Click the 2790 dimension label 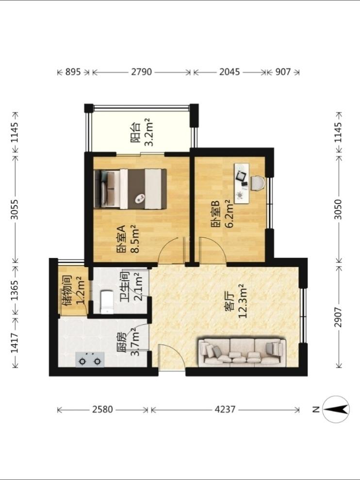pyautogui.click(x=141, y=72)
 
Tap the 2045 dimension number pyautogui.click(x=229, y=72)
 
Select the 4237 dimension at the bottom pyautogui.click(x=225, y=409)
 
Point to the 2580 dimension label pyautogui.click(x=103, y=409)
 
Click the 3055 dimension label pyautogui.click(x=15, y=209)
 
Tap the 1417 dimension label pyautogui.click(x=15, y=343)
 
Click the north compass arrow pyautogui.click(x=336, y=409)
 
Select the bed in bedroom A pyautogui.click(x=131, y=189)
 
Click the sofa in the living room pyautogui.click(x=243, y=352)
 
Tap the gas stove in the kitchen pyautogui.click(x=90, y=360)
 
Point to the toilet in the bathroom pyautogui.click(x=107, y=302)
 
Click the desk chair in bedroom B pyautogui.click(x=258, y=183)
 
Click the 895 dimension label pyautogui.click(x=73, y=72)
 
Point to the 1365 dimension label pyautogui.click(x=15, y=290)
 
